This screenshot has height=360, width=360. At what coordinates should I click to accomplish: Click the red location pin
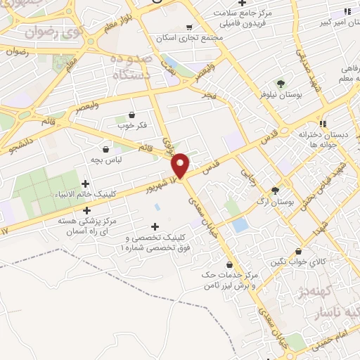181,165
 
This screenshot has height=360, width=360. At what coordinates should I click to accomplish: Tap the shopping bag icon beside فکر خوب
131,115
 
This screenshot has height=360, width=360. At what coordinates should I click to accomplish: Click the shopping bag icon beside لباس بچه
106,149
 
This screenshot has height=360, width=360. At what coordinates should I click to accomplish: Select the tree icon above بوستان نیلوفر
281,84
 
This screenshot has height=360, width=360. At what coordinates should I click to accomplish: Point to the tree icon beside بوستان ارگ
275,190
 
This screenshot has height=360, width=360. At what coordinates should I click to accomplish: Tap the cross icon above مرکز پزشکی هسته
87,210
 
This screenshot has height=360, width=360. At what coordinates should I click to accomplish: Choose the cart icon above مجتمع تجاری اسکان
188,27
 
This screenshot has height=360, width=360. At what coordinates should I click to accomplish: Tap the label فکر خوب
131,125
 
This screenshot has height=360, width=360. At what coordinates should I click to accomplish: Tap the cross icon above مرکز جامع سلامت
241,3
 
